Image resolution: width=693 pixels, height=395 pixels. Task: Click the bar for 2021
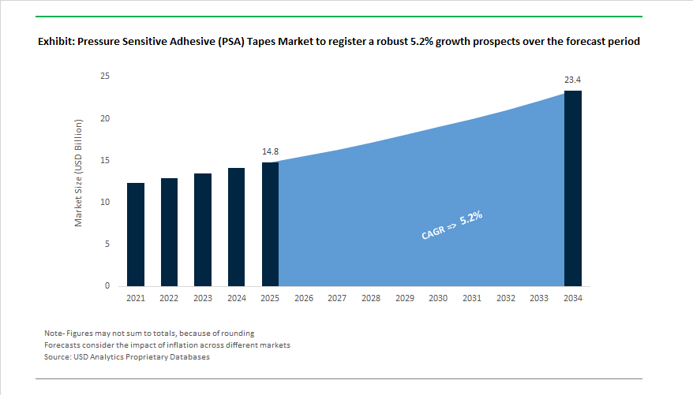click(x=135, y=234)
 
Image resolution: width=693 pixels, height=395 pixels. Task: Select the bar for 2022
click(x=169, y=232)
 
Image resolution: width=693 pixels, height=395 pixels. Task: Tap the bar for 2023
click(x=203, y=229)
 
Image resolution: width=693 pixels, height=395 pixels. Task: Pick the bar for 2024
click(x=236, y=227)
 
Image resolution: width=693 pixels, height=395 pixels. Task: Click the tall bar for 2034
click(x=572, y=188)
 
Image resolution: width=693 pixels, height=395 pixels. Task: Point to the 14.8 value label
click(x=270, y=150)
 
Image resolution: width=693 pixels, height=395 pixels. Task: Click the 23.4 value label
click(x=572, y=80)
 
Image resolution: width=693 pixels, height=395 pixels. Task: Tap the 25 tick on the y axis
click(x=105, y=76)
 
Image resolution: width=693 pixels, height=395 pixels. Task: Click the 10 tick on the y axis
click(x=105, y=203)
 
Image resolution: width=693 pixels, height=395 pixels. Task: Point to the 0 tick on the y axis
click(x=107, y=286)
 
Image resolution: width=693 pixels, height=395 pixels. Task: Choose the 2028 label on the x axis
click(x=371, y=299)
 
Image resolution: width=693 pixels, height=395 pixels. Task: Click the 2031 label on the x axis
click(x=472, y=299)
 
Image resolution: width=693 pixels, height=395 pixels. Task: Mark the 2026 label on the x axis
click(x=304, y=299)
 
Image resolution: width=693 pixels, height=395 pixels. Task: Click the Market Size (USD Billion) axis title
click(x=79, y=173)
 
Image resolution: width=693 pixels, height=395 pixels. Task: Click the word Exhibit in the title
click(x=57, y=41)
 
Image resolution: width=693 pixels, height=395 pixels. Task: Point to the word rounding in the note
click(x=238, y=333)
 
